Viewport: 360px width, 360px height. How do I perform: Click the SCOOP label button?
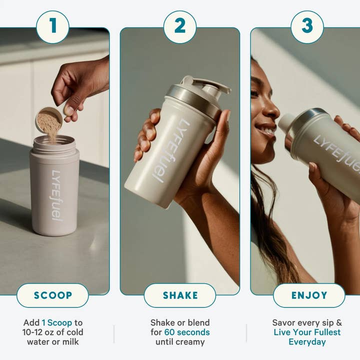[x=52, y=295]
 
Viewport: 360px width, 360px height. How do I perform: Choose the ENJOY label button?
[x=309, y=295]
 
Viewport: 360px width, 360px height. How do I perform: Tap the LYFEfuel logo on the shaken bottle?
[x=171, y=150]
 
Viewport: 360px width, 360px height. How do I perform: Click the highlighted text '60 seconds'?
[x=187, y=332]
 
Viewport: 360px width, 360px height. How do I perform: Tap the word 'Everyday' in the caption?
[x=307, y=342]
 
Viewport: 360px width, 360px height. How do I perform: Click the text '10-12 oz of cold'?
[x=53, y=332]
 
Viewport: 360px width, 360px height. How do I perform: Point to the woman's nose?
[x=274, y=109]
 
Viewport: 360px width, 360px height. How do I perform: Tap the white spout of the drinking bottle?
[x=287, y=123]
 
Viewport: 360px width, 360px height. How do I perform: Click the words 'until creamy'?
[x=180, y=342]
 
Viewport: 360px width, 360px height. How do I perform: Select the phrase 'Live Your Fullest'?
[x=307, y=332]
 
